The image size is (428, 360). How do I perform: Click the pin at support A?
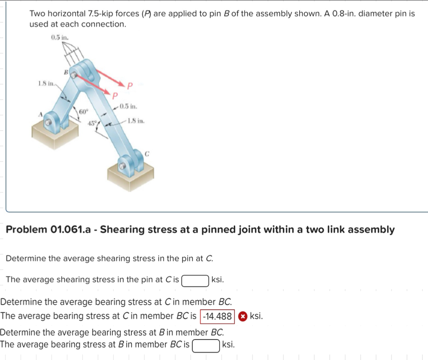point(48,122)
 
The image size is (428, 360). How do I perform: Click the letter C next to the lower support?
point(147,153)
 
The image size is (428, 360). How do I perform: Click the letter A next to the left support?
point(41,113)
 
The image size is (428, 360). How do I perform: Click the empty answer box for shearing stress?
point(196,281)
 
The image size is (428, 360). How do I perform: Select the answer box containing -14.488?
point(217,317)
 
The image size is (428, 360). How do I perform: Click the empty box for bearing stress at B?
point(206,345)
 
